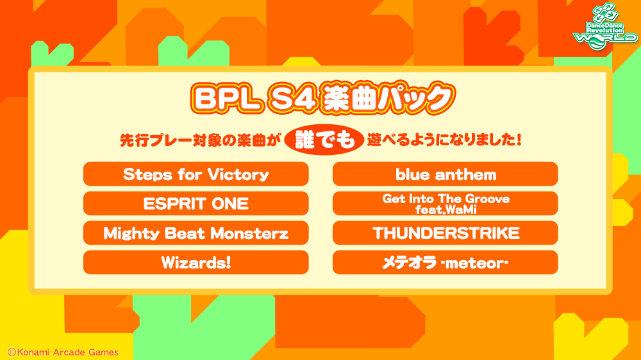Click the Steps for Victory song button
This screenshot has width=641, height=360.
tap(196, 174)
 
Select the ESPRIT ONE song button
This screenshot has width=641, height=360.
tap(196, 204)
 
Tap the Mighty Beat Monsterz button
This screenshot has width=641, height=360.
tap(196, 233)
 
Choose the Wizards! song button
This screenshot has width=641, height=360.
tap(196, 263)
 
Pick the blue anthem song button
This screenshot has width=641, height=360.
tap(445, 174)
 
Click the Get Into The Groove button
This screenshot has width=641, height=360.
tap(445, 204)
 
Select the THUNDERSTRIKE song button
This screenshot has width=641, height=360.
tap(445, 233)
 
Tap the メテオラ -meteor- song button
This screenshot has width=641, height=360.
tap(445, 263)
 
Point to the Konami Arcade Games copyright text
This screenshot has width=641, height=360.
tap(63, 352)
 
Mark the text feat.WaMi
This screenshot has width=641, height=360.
tap(445, 209)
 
